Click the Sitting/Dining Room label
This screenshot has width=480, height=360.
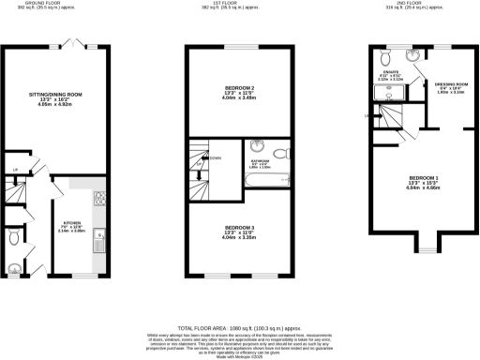[56, 94]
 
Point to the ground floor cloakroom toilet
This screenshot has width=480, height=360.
[11, 239]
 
